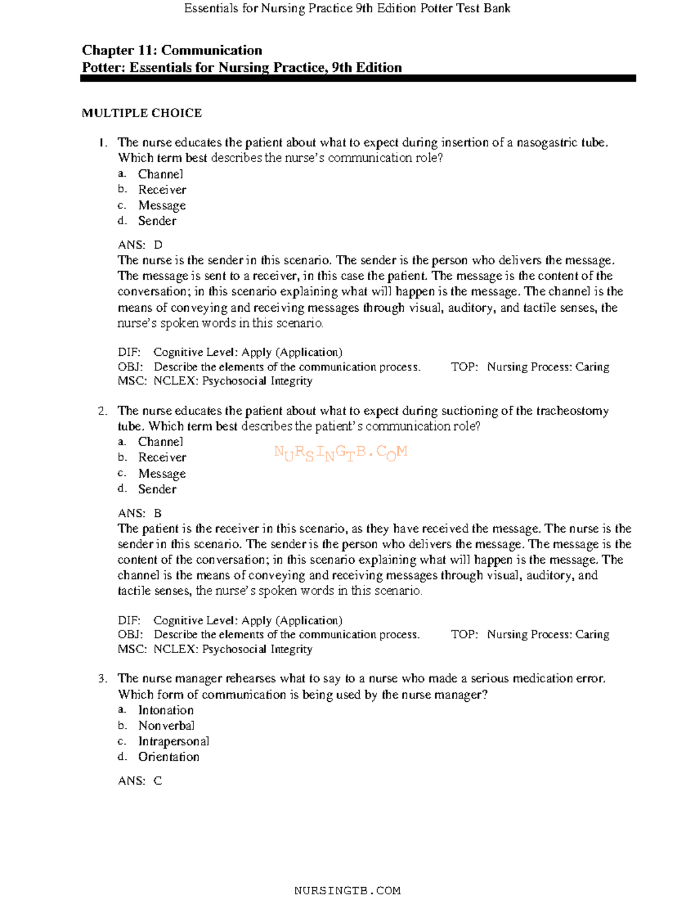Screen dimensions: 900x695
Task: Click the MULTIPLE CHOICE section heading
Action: click(141, 113)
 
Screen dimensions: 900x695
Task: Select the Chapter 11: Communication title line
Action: click(171, 50)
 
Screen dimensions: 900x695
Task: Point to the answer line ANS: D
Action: click(140, 245)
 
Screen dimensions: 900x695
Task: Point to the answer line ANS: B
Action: click(140, 513)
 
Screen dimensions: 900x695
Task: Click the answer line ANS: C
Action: click(140, 781)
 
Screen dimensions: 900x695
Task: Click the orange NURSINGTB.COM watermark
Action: click(341, 453)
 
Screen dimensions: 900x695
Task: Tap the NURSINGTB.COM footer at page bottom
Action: click(347, 891)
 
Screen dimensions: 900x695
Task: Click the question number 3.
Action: click(103, 679)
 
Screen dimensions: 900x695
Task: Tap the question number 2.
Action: click(103, 411)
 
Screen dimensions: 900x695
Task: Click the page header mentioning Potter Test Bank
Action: click(347, 8)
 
